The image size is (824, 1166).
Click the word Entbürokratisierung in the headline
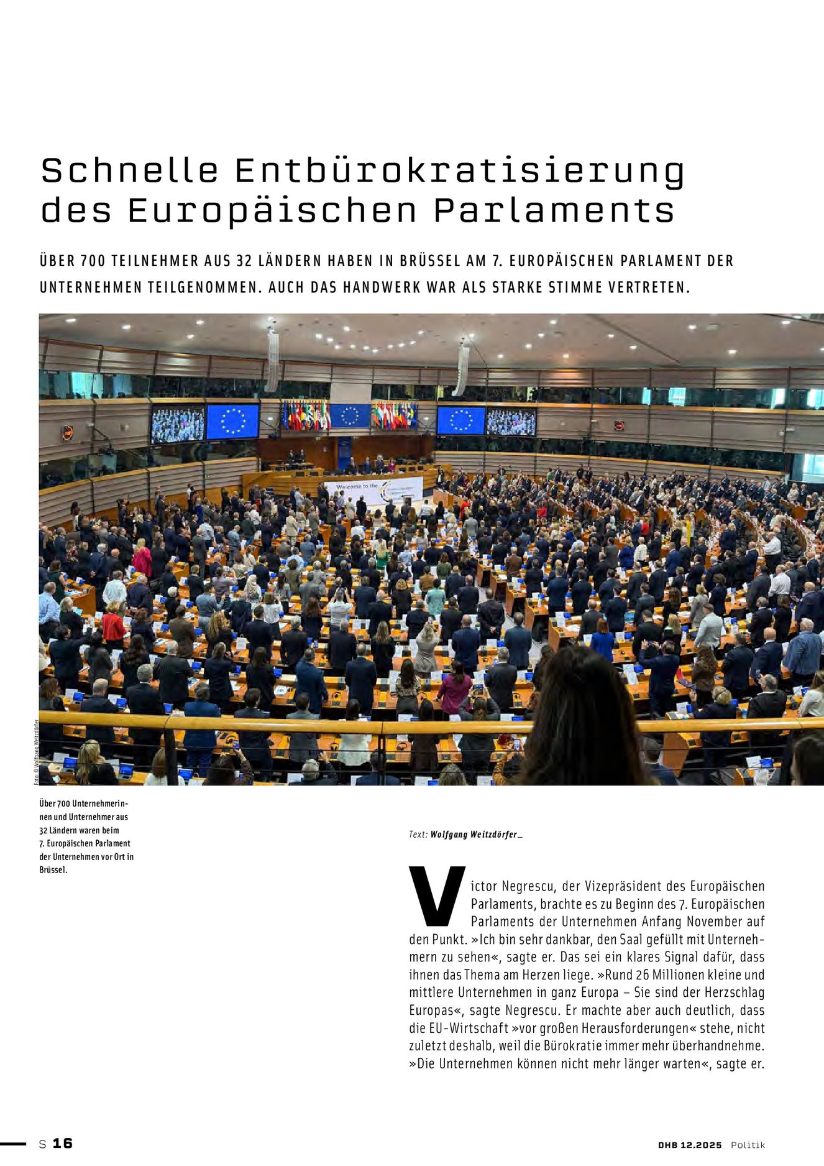460,171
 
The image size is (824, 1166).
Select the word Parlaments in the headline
554,211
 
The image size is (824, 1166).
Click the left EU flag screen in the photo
232,421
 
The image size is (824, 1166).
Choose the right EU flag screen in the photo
460,420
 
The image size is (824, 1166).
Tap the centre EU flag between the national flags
350,415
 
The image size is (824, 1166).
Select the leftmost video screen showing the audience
178,424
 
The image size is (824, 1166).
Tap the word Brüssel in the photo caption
52,870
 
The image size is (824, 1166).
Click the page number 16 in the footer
62,1143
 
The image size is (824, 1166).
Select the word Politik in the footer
748,1145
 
